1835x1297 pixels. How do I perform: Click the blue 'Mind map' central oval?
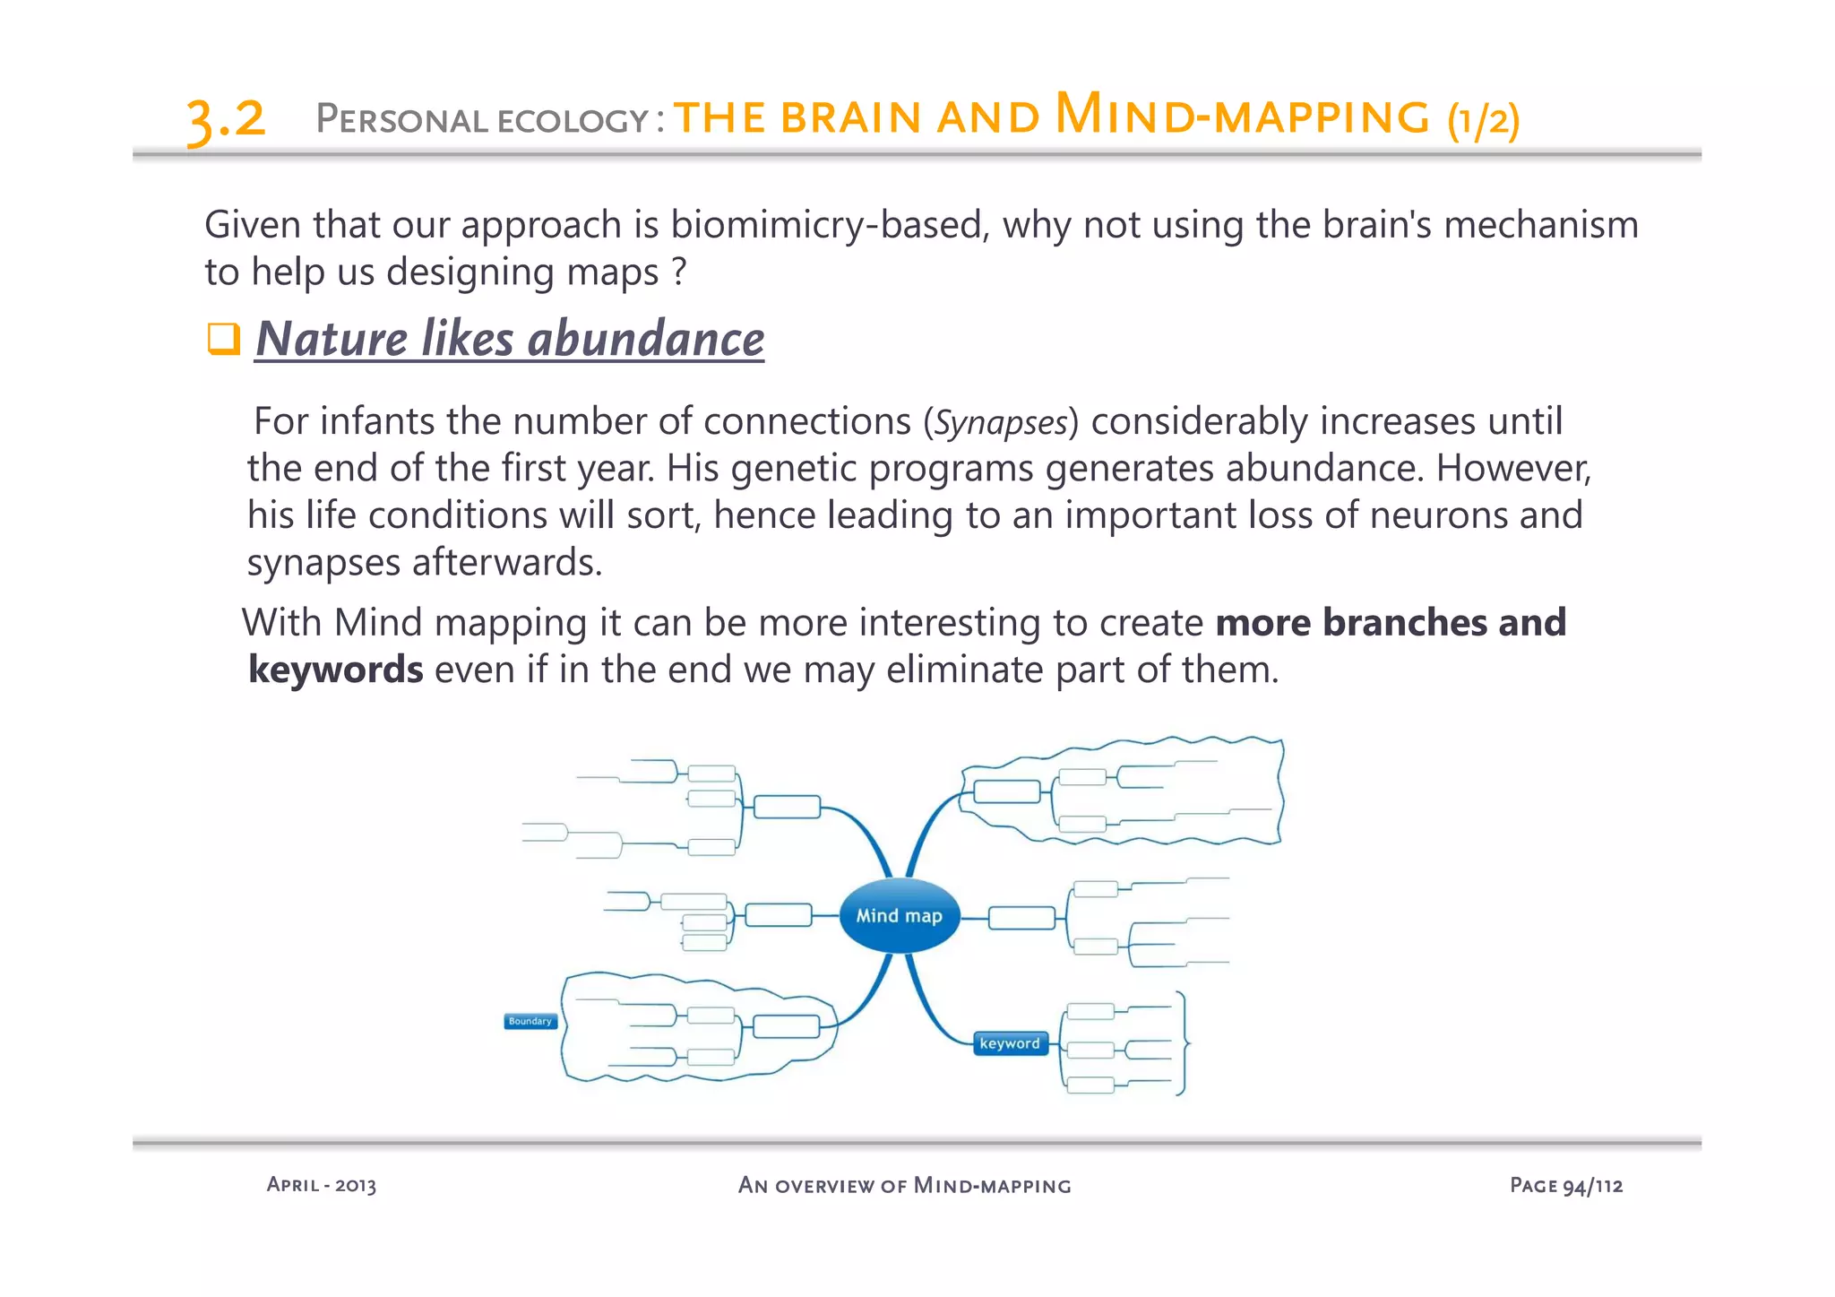pos(899,916)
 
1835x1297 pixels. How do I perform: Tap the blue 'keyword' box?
pos(1010,1043)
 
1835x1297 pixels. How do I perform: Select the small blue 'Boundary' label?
pos(530,1021)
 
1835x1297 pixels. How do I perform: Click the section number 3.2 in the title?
pos(226,119)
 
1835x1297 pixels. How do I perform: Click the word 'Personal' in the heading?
pos(400,119)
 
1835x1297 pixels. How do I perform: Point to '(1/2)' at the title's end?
pos(1483,119)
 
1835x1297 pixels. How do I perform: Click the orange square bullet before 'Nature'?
pos(223,339)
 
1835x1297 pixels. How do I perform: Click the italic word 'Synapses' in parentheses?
pos(1001,422)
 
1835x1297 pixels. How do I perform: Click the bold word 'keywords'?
pos(335,670)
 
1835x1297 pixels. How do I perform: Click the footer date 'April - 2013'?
pos(321,1185)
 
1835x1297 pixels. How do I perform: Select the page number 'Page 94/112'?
pos(1565,1185)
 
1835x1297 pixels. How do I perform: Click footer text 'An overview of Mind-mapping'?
pos(904,1185)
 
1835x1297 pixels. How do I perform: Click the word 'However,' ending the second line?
pos(1513,468)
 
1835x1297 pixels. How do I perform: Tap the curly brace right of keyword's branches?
pos(1183,1043)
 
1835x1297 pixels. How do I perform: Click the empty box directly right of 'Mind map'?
pos(1021,918)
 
